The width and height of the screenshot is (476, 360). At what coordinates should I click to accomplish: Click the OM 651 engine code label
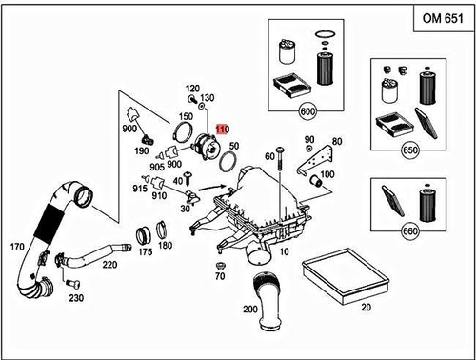(x=443, y=18)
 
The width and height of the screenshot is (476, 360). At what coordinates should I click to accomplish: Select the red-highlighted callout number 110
(x=223, y=130)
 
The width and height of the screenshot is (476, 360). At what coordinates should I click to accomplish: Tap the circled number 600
(x=307, y=111)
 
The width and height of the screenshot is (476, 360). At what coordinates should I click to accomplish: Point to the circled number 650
(x=409, y=150)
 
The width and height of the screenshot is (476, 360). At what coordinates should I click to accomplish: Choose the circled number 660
(x=409, y=230)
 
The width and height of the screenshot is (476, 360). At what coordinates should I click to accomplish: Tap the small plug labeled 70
(x=220, y=265)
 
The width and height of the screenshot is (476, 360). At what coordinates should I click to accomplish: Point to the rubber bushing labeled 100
(x=316, y=181)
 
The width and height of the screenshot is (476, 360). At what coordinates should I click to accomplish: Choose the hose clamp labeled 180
(x=162, y=230)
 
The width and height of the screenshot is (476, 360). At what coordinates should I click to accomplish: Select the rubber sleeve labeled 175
(x=143, y=236)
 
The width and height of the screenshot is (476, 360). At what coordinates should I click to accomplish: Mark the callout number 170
(x=17, y=247)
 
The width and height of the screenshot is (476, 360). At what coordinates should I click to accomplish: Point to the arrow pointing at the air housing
(x=212, y=188)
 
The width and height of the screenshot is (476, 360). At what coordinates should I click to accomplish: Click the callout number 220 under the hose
(x=109, y=264)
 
